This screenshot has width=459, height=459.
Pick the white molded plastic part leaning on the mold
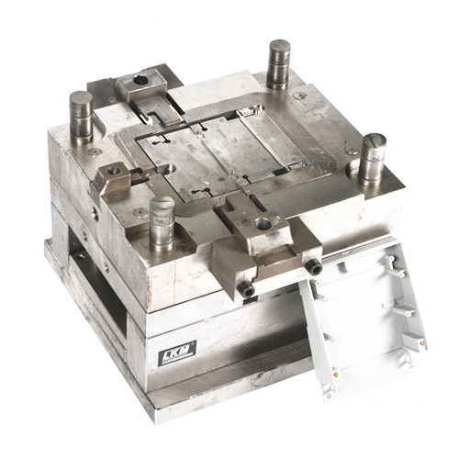tap(363, 312)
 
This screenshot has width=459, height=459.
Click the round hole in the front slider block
tap(263, 223)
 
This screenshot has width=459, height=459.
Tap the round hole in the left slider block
tap(113, 171)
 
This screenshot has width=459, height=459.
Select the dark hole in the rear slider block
tap(140, 81)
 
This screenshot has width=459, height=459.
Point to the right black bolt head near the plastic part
tap(313, 266)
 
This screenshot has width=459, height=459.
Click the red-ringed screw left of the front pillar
tap(140, 212)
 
